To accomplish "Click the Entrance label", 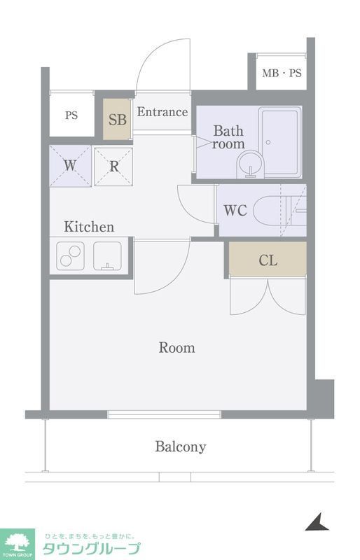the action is [162, 112].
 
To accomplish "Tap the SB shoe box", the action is [117, 119].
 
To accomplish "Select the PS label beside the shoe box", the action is [71, 115].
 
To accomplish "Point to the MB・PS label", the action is [282, 73].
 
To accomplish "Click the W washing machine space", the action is [70, 166].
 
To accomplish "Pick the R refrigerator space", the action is [113, 167].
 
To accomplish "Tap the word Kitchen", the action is [89, 226].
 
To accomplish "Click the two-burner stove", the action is [71, 255].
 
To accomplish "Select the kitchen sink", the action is [107, 255].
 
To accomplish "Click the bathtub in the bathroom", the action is [280, 142].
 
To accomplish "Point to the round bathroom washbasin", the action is [250, 164].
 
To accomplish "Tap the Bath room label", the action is [228, 137].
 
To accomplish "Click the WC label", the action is [235, 211].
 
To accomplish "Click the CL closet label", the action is [268, 260].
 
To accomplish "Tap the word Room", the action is [177, 347].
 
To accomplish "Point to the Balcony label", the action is [181, 447].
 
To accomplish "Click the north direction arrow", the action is [317, 522].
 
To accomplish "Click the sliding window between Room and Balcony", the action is [164, 414].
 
